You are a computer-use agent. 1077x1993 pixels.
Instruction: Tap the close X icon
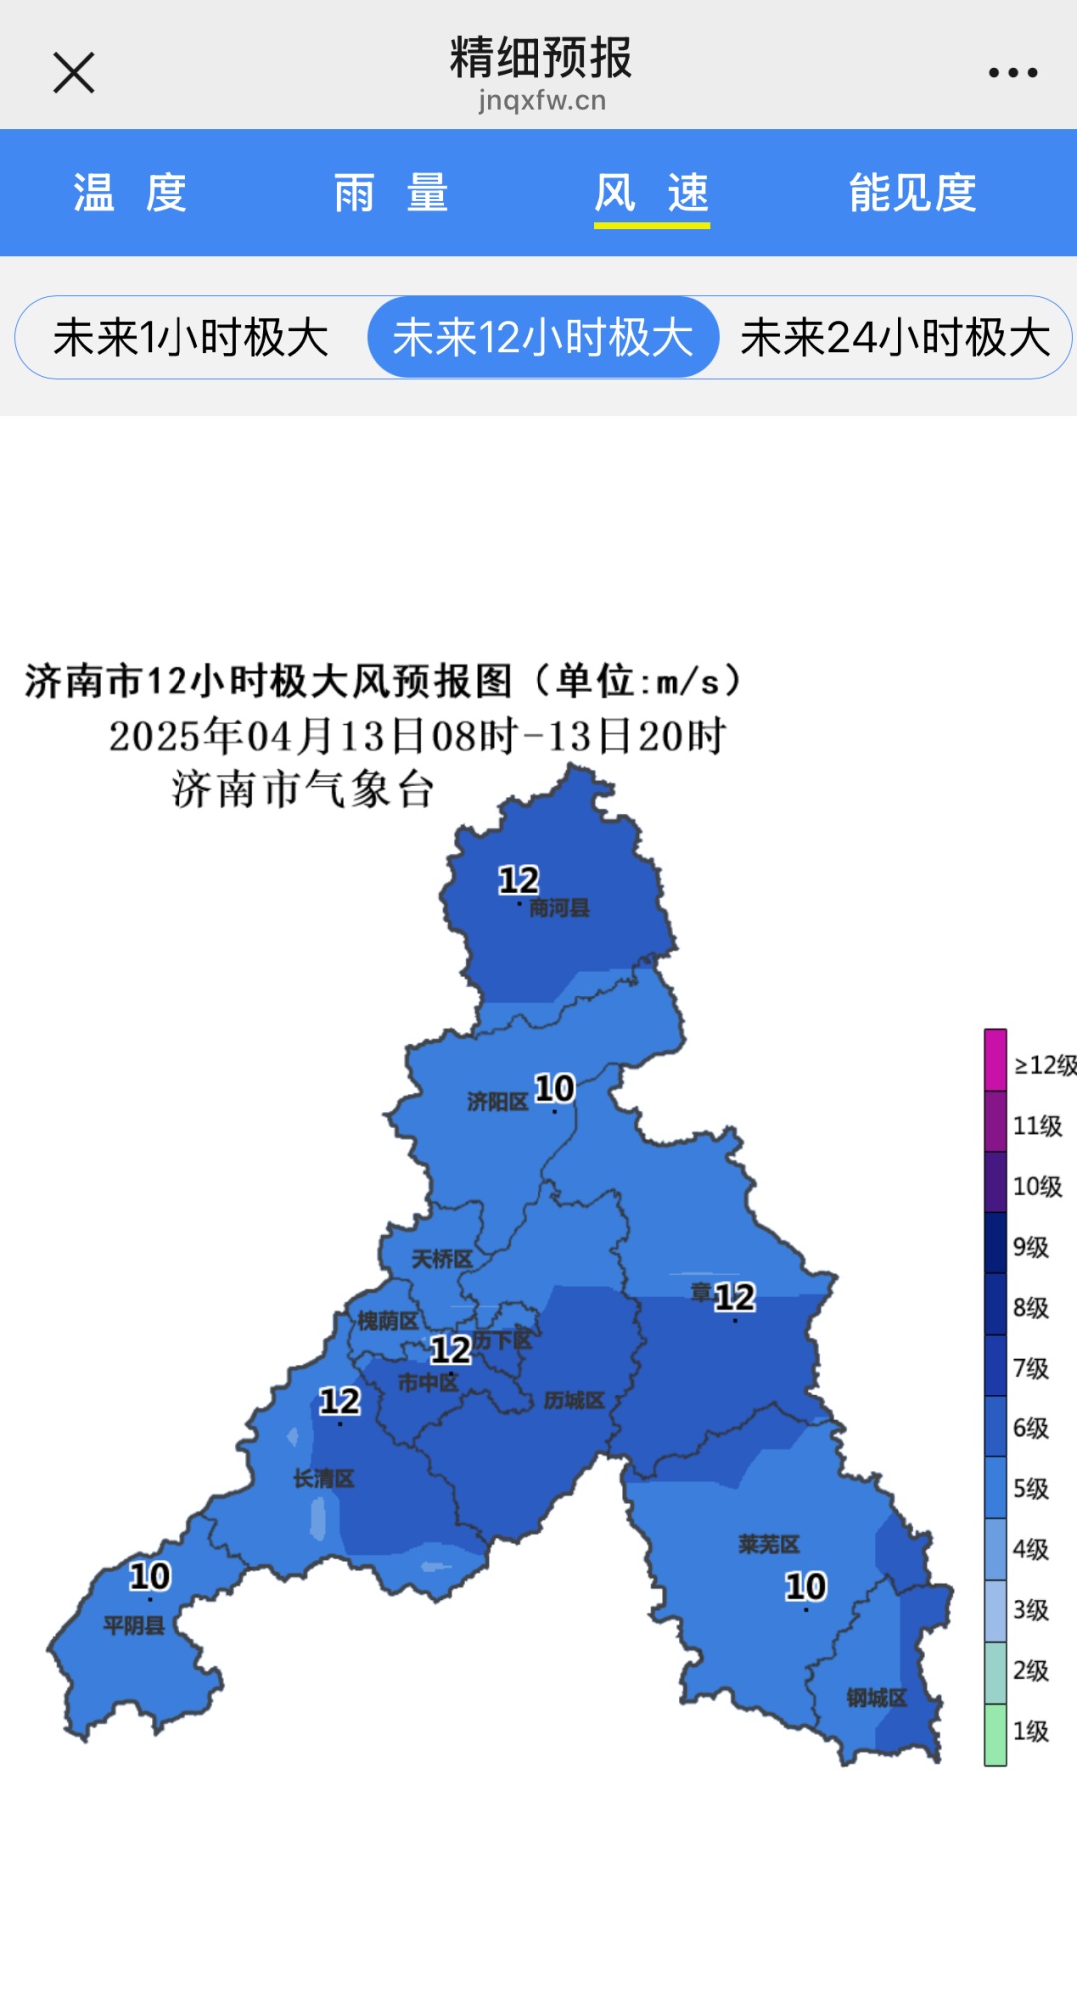tap(74, 73)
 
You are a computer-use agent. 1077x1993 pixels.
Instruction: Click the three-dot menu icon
tap(1012, 73)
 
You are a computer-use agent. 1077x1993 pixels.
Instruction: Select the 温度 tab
tap(131, 193)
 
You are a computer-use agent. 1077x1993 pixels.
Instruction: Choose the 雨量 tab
tap(391, 193)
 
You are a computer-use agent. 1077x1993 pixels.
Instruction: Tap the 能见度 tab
tap(912, 193)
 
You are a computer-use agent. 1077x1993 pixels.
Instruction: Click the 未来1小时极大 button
tap(190, 338)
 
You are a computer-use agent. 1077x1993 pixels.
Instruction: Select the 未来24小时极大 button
tap(895, 338)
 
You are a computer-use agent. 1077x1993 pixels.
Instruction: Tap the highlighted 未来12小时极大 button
tap(542, 338)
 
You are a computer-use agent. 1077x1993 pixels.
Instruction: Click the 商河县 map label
tap(559, 908)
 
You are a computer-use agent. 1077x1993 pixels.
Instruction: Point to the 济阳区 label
tap(497, 1102)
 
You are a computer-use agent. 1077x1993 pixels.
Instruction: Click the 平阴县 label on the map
tap(134, 1626)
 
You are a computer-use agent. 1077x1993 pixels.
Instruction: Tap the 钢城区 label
tap(877, 1698)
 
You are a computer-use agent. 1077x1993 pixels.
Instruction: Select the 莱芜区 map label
tap(769, 1545)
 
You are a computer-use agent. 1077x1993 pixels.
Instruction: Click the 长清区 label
tap(324, 1479)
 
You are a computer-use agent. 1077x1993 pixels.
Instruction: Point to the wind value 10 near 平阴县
tap(150, 1577)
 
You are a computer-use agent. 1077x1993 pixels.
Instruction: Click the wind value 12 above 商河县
tap(519, 880)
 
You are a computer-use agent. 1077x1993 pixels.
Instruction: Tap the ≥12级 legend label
tap(1044, 1065)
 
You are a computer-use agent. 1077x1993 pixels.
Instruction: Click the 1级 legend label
tap(1031, 1731)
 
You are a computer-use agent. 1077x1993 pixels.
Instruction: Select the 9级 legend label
tap(1031, 1247)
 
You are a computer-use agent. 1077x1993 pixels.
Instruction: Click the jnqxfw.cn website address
tap(541, 101)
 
